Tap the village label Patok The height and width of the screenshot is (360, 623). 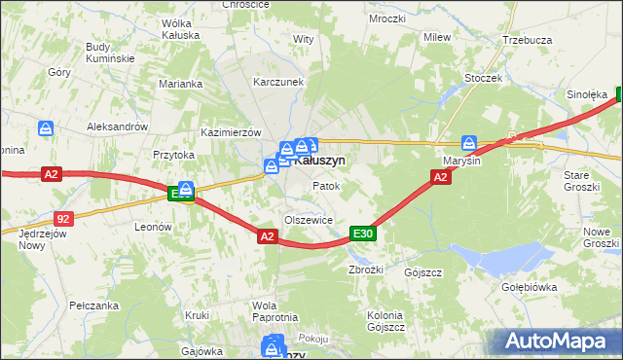pos(324,185)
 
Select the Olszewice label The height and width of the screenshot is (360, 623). pos(309,220)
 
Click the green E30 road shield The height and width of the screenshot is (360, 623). pos(363,234)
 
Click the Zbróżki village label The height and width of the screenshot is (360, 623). pos(366,270)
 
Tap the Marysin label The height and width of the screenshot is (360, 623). pos(462,161)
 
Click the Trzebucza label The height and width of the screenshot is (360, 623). pos(528,41)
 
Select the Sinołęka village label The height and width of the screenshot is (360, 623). pos(587,95)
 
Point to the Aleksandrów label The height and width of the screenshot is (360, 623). pos(117,126)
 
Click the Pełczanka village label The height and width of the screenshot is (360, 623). pos(94,306)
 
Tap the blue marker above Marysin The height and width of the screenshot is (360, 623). pos(469,142)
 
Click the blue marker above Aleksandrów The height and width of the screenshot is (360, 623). pos(46,127)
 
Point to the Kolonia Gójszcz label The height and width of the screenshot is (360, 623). pos(385,321)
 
